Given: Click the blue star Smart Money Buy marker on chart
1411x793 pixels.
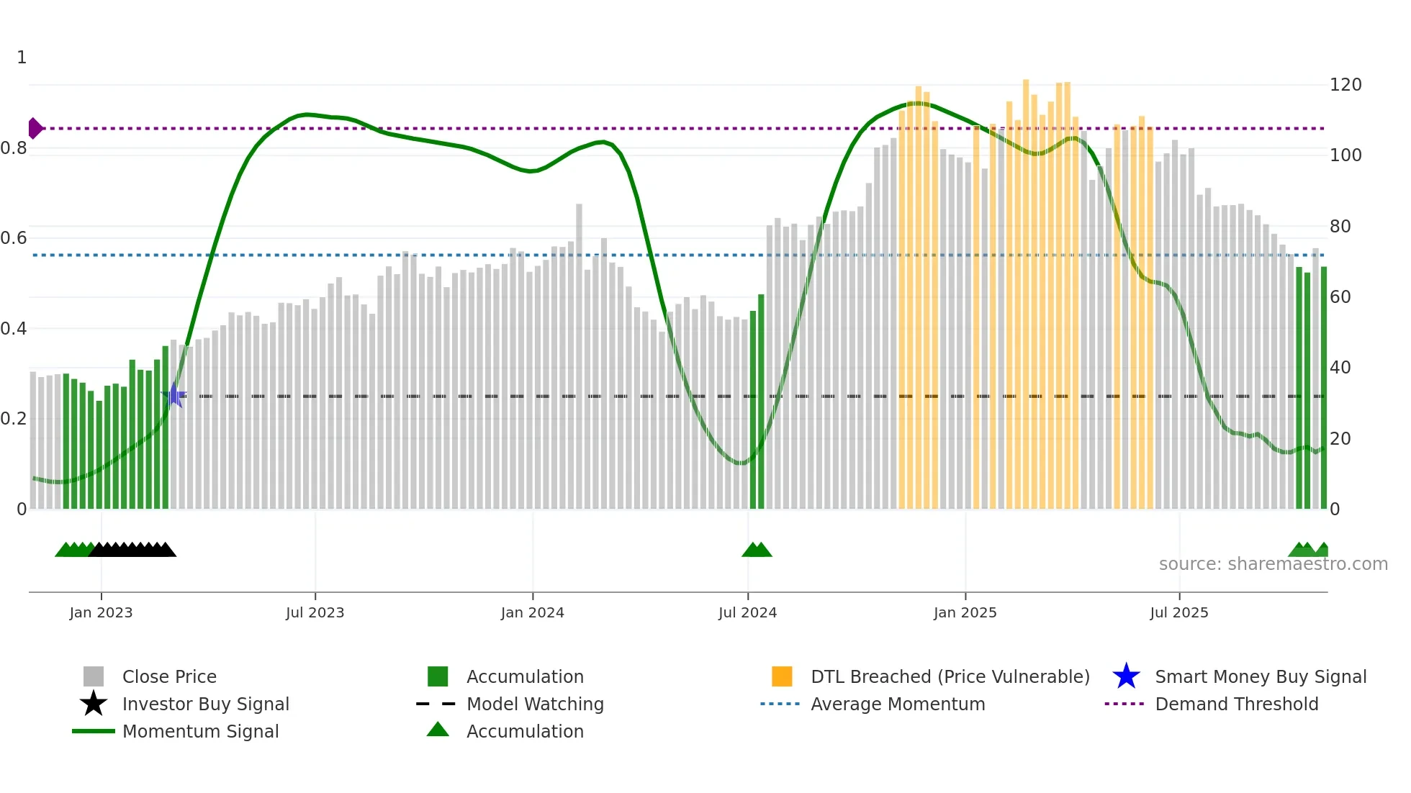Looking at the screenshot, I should pyautogui.click(x=173, y=395).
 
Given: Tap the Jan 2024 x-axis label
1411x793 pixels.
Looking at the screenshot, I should pyautogui.click(x=532, y=612).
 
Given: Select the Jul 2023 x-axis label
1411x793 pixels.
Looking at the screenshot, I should pyautogui.click(x=315, y=612).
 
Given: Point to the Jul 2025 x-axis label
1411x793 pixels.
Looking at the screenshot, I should pyautogui.click(x=1178, y=612).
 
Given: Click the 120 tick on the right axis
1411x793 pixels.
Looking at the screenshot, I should pyautogui.click(x=1345, y=85).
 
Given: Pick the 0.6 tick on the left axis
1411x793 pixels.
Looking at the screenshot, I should pyautogui.click(x=14, y=238).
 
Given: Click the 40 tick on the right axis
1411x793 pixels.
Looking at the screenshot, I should pyautogui.click(x=1340, y=368).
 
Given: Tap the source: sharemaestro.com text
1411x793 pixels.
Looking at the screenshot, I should pyautogui.click(x=1273, y=563).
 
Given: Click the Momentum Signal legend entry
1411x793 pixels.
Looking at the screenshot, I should pyautogui.click(x=200, y=731).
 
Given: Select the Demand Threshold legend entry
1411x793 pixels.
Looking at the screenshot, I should pyautogui.click(x=1236, y=704).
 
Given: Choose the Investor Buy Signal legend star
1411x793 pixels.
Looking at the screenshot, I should pyautogui.click(x=94, y=704).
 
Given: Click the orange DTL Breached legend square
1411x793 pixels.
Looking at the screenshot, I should pyautogui.click(x=782, y=676).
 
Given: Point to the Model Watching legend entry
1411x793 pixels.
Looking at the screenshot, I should pyautogui.click(x=534, y=704).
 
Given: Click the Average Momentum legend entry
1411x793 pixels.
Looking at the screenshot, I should pyautogui.click(x=897, y=704).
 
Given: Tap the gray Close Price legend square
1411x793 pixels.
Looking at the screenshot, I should pyautogui.click(x=94, y=676).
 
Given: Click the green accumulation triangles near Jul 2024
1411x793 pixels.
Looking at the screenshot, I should pyautogui.click(x=757, y=550).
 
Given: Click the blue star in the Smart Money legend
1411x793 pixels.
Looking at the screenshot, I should pyautogui.click(x=1126, y=676).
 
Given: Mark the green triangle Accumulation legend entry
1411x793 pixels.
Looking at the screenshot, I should pyautogui.click(x=438, y=730).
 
